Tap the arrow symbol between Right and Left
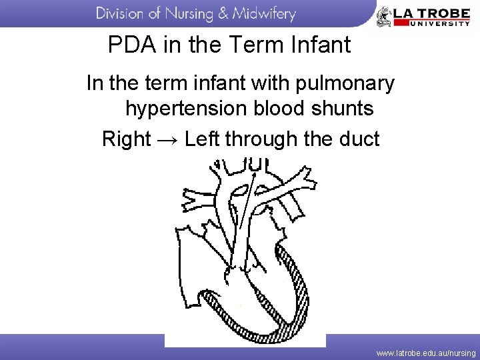coord(167,139)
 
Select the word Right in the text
coord(127,139)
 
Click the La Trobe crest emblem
coord(384,16)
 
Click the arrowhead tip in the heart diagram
coord(254,172)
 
